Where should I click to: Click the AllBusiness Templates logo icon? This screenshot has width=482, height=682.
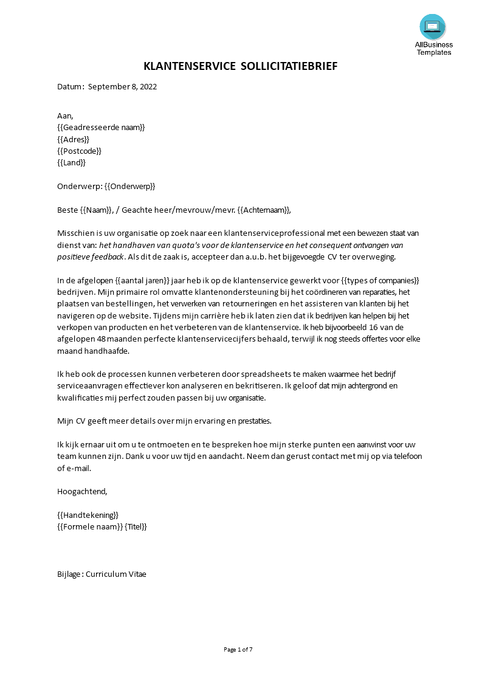(x=432, y=27)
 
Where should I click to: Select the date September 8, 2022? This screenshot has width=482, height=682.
(x=122, y=86)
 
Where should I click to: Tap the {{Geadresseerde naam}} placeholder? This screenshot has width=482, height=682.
(x=101, y=127)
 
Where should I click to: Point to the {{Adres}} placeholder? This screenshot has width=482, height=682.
(x=73, y=139)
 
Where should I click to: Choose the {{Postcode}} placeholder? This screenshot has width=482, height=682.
(x=79, y=151)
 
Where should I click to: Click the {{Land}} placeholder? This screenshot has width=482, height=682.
(x=71, y=163)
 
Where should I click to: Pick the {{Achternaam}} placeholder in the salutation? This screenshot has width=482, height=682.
(x=256, y=210)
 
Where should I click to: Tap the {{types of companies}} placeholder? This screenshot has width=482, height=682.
(x=380, y=281)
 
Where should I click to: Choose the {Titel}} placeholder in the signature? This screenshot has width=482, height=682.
(x=136, y=527)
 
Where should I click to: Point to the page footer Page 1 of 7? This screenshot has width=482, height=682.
(x=238, y=650)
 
